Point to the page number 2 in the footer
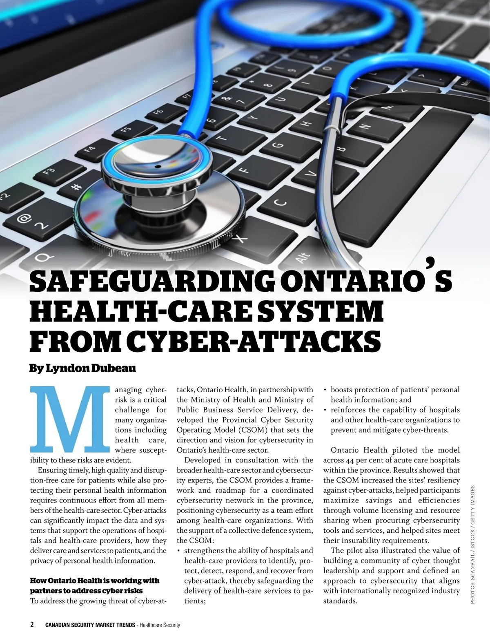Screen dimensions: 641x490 click(x=32, y=625)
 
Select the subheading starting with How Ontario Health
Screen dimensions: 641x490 click(x=95, y=585)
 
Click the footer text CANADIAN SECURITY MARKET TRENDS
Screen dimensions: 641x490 click(x=90, y=625)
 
